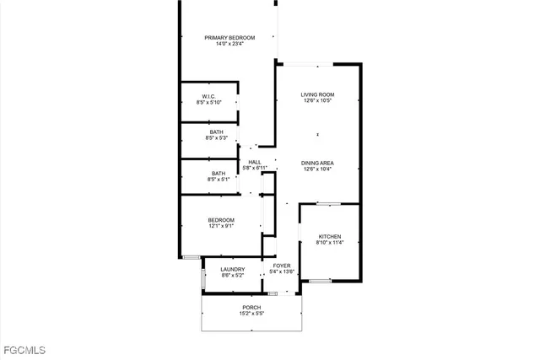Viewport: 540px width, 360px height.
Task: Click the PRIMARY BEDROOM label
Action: [x=229, y=37]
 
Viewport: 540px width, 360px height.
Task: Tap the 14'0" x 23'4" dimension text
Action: [x=229, y=45]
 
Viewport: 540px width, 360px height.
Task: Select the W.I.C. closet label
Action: [x=208, y=96]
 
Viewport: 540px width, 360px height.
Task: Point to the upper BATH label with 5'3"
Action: [x=217, y=132]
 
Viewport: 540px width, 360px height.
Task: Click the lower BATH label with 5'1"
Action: [x=218, y=173]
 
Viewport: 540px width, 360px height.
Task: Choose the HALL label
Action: [x=254, y=162]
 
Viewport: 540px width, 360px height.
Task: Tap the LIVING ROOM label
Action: [x=318, y=94]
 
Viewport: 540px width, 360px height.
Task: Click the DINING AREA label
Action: [x=318, y=163]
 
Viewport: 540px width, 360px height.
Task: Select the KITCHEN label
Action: [x=329, y=236]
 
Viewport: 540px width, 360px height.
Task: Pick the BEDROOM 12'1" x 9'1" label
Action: [x=222, y=219]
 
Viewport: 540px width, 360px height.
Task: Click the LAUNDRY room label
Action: [x=233, y=269]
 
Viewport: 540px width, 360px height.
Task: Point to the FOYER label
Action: [x=281, y=266]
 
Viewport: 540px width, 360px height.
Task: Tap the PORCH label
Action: [x=251, y=307]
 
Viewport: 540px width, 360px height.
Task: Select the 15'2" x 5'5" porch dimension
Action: [x=251, y=314]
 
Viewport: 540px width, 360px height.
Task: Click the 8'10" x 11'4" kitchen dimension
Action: [x=329, y=243]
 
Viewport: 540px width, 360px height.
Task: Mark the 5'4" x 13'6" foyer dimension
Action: [x=281, y=271]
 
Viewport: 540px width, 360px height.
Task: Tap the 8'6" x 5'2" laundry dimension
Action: [x=233, y=275]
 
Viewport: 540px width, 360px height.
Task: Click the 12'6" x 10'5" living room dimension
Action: [x=318, y=101]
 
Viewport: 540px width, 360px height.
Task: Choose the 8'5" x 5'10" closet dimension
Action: [x=208, y=103]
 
